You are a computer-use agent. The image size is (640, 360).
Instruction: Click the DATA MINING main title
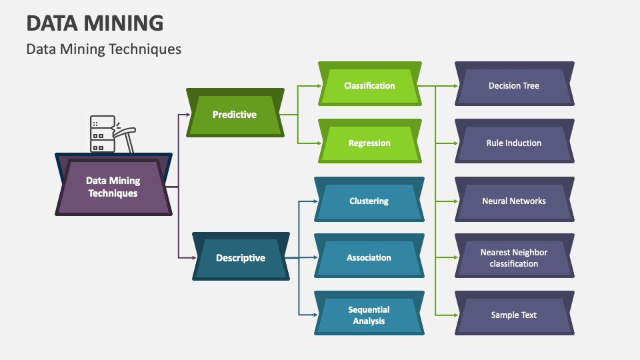point(95,23)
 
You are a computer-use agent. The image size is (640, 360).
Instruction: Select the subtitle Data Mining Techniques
point(103,49)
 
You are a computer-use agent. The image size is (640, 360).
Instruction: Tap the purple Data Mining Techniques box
point(113,187)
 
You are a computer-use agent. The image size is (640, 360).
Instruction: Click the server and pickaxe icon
point(111,134)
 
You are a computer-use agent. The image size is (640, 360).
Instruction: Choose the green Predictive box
point(235,115)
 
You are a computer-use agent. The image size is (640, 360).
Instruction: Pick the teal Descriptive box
point(241,258)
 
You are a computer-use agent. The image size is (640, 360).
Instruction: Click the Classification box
point(369,85)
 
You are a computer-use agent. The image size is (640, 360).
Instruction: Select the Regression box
point(369,143)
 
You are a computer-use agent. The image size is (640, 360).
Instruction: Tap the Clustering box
point(369,201)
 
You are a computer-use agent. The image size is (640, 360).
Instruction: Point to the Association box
point(369,257)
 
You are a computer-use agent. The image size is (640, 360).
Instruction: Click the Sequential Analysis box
point(369,315)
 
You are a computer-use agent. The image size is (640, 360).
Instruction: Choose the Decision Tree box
point(513,85)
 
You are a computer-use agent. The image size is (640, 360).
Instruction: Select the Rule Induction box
point(513,143)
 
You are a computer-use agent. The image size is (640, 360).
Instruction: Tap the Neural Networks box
point(513,201)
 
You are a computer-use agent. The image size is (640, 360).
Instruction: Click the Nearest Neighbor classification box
point(513,257)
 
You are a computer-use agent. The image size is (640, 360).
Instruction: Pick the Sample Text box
point(513,315)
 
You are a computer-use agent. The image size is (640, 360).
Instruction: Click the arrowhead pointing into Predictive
point(188,115)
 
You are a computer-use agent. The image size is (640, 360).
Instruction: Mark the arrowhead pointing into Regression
point(320,143)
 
